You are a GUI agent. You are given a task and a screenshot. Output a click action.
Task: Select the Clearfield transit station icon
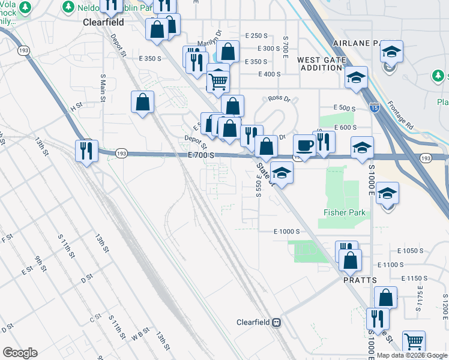(277, 322)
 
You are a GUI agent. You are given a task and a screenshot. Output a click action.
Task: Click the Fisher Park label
(345, 213)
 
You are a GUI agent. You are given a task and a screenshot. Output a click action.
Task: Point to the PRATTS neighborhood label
(360, 280)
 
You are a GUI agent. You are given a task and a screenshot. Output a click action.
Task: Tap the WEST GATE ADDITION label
(322, 64)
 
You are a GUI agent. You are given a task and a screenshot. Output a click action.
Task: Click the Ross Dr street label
(279, 98)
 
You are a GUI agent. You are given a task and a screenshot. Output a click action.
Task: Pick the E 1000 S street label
(286, 232)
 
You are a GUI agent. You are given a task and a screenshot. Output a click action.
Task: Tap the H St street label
(76, 107)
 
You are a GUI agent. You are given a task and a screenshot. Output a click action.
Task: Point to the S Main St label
(103, 89)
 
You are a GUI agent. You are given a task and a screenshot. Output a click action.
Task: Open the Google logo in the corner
(20, 353)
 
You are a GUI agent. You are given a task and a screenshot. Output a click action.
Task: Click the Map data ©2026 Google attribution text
(412, 355)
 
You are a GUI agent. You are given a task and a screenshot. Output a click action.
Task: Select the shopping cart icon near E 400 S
(218, 80)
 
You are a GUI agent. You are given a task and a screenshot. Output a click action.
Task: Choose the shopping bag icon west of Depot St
(143, 103)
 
